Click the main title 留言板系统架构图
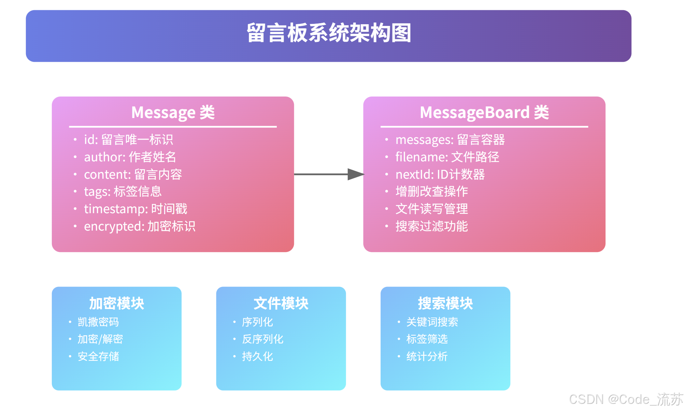tap(329, 33)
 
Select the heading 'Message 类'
tap(173, 113)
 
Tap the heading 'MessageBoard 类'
tap(484, 113)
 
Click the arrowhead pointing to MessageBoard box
tap(356, 174)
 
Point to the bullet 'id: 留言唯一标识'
tap(129, 140)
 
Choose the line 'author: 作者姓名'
tap(130, 157)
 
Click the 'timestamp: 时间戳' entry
tap(136, 209)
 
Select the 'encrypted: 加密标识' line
tap(140, 226)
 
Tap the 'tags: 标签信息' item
tap(123, 191)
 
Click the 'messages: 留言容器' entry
tap(450, 140)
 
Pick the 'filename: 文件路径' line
tap(447, 157)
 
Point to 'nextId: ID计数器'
tap(440, 174)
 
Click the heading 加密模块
tap(117, 303)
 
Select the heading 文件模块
tap(281, 303)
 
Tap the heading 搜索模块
tap(445, 303)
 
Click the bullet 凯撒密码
tap(98, 322)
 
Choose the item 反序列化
tap(263, 339)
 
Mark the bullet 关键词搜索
tap(432, 322)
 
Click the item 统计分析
tap(427, 356)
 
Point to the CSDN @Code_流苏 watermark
tap(626, 399)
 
